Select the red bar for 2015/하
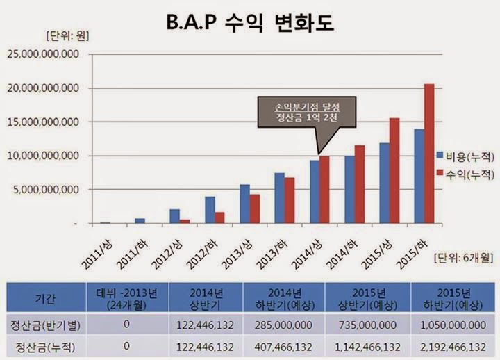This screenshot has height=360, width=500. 429,154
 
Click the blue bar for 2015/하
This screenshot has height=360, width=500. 419,177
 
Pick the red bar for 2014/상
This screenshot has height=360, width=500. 324,189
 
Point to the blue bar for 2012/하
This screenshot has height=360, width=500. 210,210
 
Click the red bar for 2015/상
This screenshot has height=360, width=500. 394,171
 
